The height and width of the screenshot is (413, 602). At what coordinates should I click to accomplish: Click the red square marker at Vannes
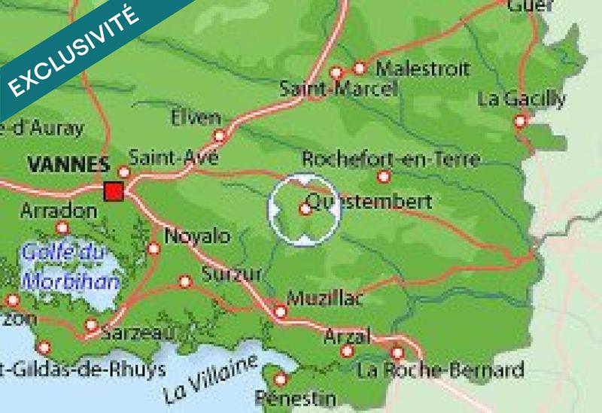coord(114,191)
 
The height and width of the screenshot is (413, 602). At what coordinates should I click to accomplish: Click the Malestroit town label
coord(423,68)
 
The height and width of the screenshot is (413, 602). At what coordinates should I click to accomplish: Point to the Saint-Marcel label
coord(338,89)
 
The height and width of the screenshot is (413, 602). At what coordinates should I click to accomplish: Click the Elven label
coord(196,117)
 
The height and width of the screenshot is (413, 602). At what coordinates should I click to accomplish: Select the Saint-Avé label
coord(174,158)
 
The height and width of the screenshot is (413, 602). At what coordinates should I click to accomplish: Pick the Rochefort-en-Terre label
coord(390,159)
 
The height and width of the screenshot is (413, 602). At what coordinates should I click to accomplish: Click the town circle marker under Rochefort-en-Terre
coord(384,177)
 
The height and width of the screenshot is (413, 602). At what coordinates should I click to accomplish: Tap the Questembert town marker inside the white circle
coord(306,209)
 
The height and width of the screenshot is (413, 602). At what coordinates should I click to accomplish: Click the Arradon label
coord(59,210)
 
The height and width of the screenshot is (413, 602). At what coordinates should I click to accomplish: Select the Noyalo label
coord(197,236)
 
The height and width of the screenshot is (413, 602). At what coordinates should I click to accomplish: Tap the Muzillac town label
coord(325,298)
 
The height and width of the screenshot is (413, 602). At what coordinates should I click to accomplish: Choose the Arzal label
coord(347,336)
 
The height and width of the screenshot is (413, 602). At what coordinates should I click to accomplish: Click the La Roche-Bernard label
coord(441,370)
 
